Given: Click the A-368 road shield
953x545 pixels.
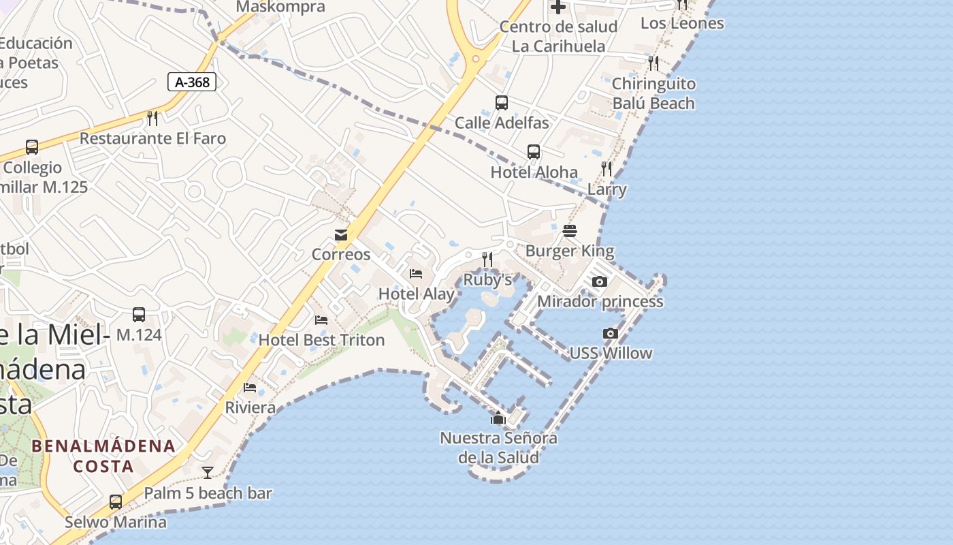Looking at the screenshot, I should tap(192, 82).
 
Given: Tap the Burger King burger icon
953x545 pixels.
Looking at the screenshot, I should tap(570, 232).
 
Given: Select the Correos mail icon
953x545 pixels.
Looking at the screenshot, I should tap(341, 235).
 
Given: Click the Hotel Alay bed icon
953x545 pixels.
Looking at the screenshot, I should tap(416, 274).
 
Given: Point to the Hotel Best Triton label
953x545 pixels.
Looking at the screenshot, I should tap(321, 340).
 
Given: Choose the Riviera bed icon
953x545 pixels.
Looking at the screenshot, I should tap(250, 388).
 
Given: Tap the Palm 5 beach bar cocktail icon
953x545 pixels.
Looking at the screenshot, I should tap(208, 472).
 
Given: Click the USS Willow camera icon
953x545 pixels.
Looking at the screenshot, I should tap(611, 333).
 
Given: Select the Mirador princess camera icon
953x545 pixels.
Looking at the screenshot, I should tap(599, 281).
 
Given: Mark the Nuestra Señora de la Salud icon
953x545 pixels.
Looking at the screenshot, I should tap(498, 418).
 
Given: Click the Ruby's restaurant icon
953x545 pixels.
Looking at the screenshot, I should tap(487, 259).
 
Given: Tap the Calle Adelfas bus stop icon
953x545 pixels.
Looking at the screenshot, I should tap(502, 103).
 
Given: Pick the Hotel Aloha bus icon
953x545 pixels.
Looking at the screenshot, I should tap(534, 152).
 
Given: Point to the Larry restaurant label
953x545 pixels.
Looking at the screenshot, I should tap(607, 189).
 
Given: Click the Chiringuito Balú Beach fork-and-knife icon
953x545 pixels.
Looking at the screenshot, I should tap(653, 63).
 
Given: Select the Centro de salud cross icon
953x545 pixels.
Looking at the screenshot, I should tap(558, 7).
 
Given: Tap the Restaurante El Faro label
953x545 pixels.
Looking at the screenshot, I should tap(152, 138).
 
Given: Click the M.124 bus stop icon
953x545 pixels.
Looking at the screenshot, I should tap(139, 315).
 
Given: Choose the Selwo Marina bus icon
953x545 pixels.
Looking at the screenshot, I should tap(116, 502).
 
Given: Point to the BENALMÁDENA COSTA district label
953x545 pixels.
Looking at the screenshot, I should tap(103, 456).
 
